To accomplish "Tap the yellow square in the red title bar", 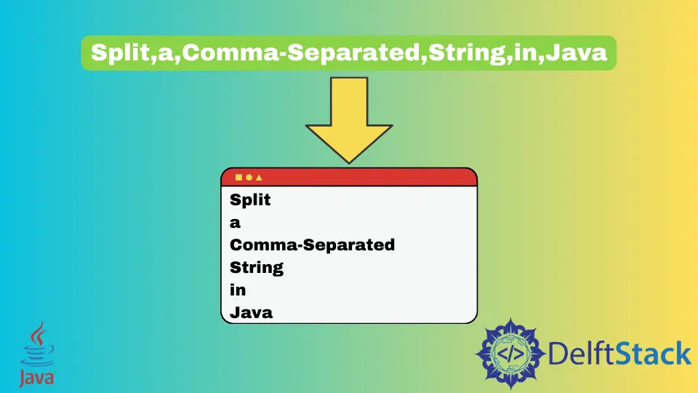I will coord(238,177).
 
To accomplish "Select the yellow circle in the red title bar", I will coord(249,177).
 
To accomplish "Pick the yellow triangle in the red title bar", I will coord(259,177).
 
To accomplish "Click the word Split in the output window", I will coord(250,199).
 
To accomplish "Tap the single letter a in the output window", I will coord(235,223).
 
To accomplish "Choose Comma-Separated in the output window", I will coord(312,245).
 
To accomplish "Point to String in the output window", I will coord(257,268).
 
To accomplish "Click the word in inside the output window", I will coord(238,290).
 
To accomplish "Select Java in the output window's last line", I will coord(251,313).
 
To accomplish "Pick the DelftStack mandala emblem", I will coord(510,353).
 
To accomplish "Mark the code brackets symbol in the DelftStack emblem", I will coord(510,354).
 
